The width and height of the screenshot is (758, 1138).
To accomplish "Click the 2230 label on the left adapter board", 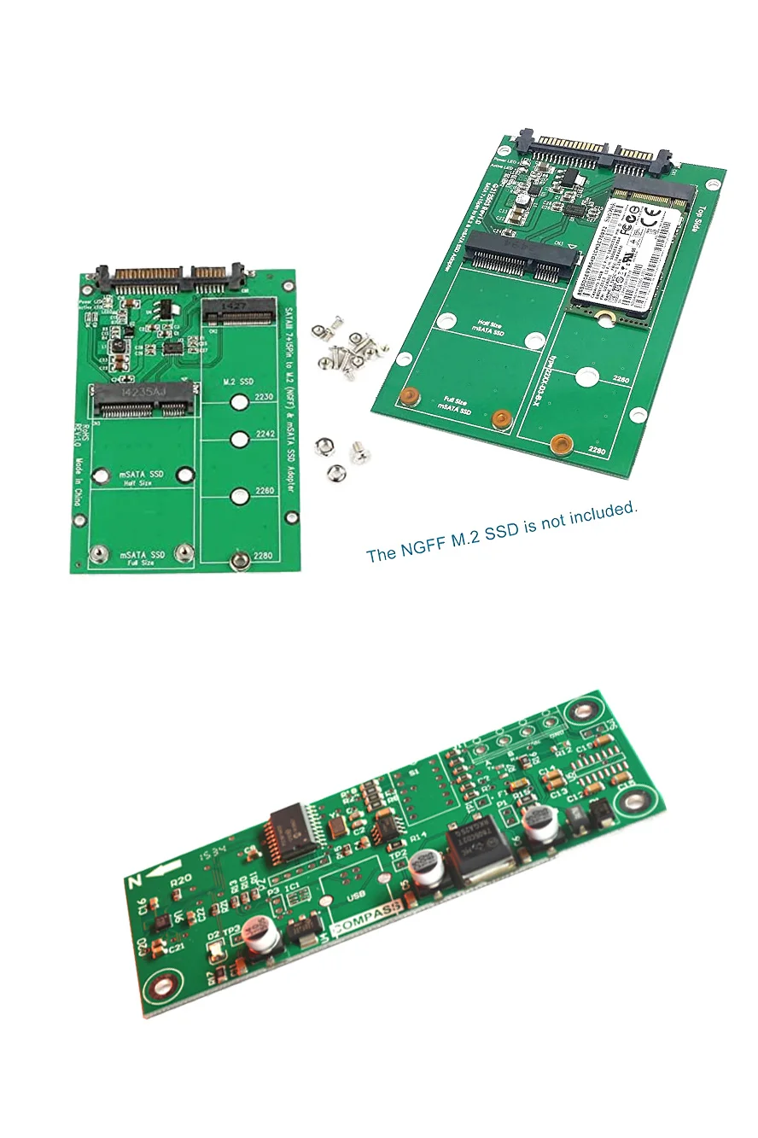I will coord(263,398).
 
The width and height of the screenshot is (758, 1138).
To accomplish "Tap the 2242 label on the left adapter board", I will coord(263,435).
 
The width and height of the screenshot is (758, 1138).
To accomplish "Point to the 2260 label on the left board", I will coord(263,491).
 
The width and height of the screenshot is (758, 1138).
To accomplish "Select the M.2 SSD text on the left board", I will coord(238,380).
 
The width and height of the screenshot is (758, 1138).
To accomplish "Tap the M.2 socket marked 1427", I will coord(238,312).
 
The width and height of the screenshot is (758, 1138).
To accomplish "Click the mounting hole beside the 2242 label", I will coord(239,439).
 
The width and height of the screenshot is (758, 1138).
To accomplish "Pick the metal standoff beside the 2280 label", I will coord(241,560).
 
